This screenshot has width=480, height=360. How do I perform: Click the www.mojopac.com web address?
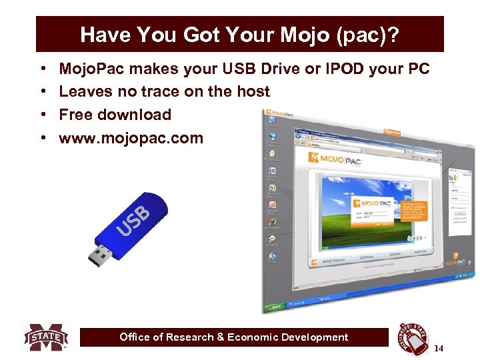coord(131,138)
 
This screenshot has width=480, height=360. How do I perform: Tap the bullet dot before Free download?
coord(42,115)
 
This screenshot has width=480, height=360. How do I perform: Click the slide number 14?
coord(438,348)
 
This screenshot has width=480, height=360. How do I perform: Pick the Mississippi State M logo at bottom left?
coord(46,337)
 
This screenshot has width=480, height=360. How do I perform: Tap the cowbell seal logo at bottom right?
coord(413,339)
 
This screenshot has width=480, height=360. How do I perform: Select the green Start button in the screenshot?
coord(275,309)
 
